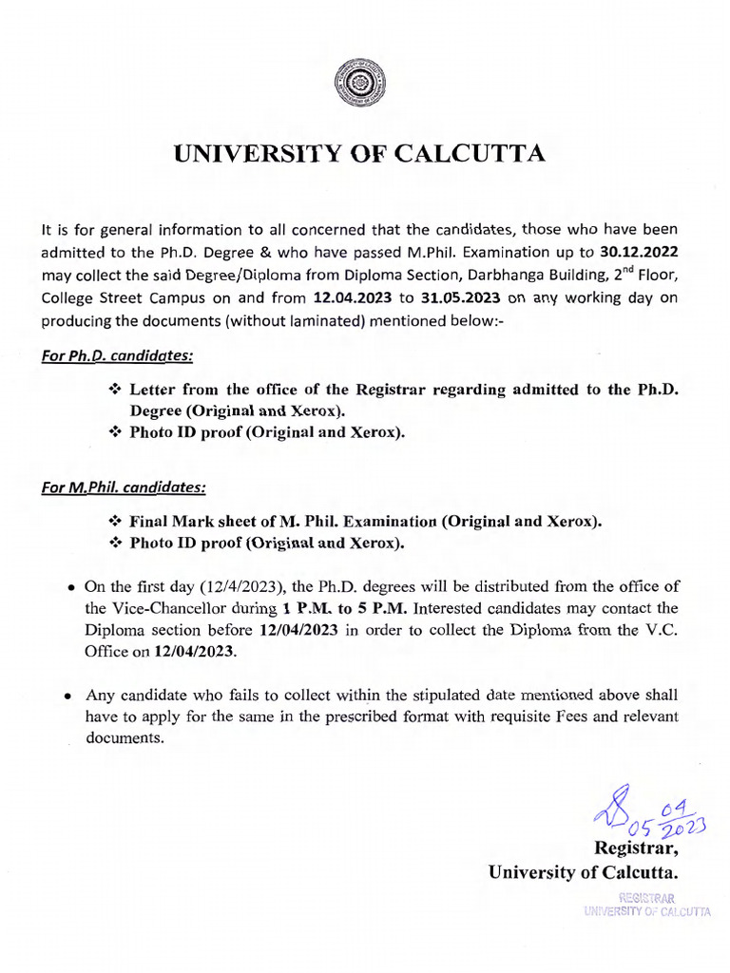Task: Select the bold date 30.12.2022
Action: click(x=639, y=251)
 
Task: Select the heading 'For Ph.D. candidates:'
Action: click(x=117, y=356)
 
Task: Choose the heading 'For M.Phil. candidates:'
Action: click(x=124, y=487)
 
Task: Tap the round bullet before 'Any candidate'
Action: click(x=69, y=696)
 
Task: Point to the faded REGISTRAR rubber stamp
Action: click(x=646, y=904)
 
